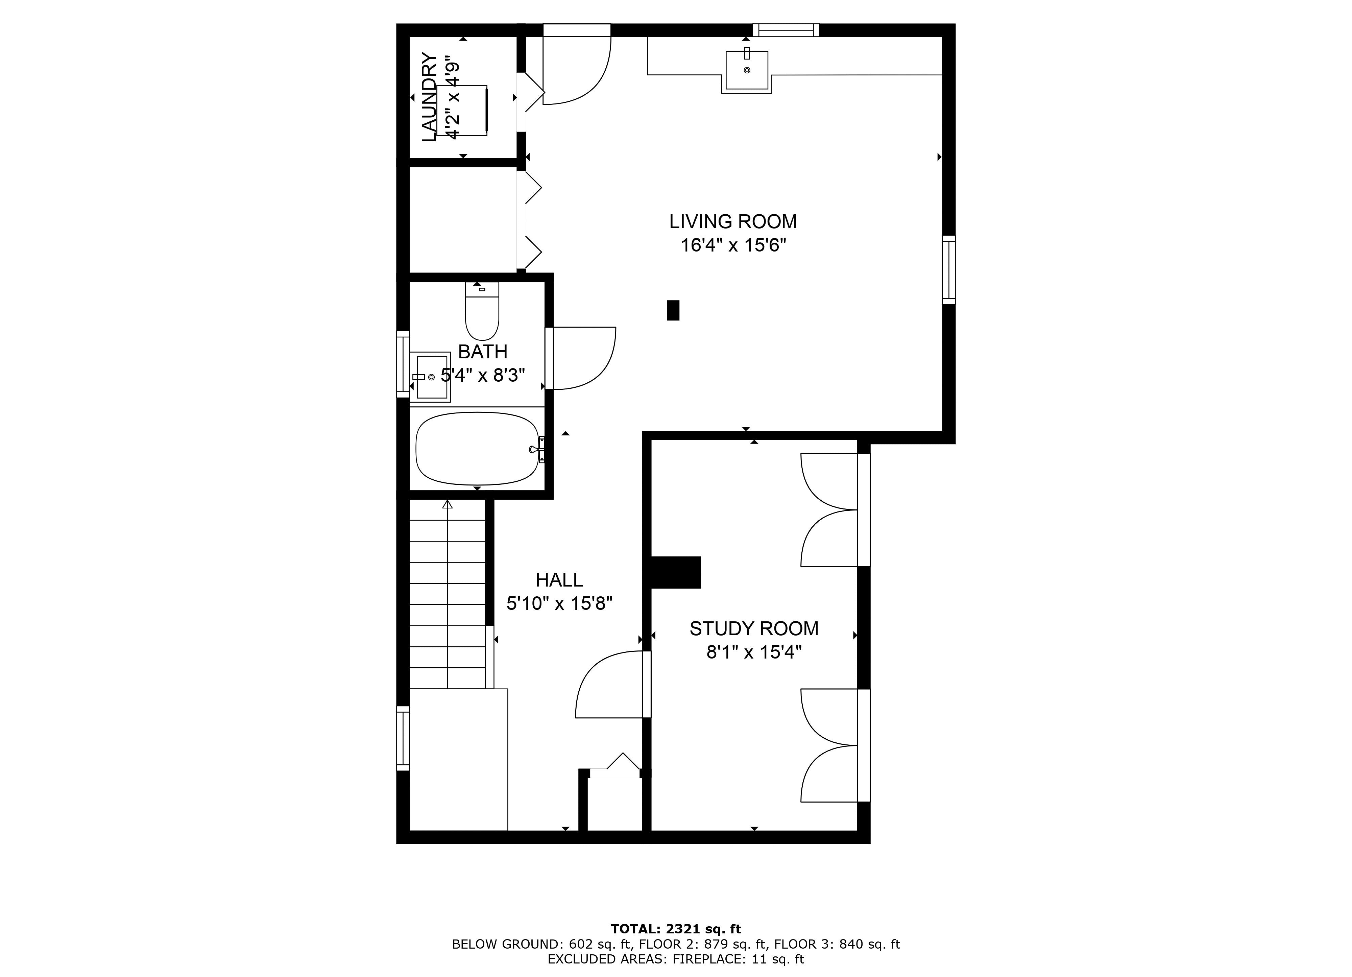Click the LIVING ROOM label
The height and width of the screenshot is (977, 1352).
[733, 222]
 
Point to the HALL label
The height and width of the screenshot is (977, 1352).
[559, 580]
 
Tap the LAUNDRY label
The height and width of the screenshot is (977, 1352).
[429, 97]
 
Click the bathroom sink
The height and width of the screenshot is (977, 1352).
[430, 377]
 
